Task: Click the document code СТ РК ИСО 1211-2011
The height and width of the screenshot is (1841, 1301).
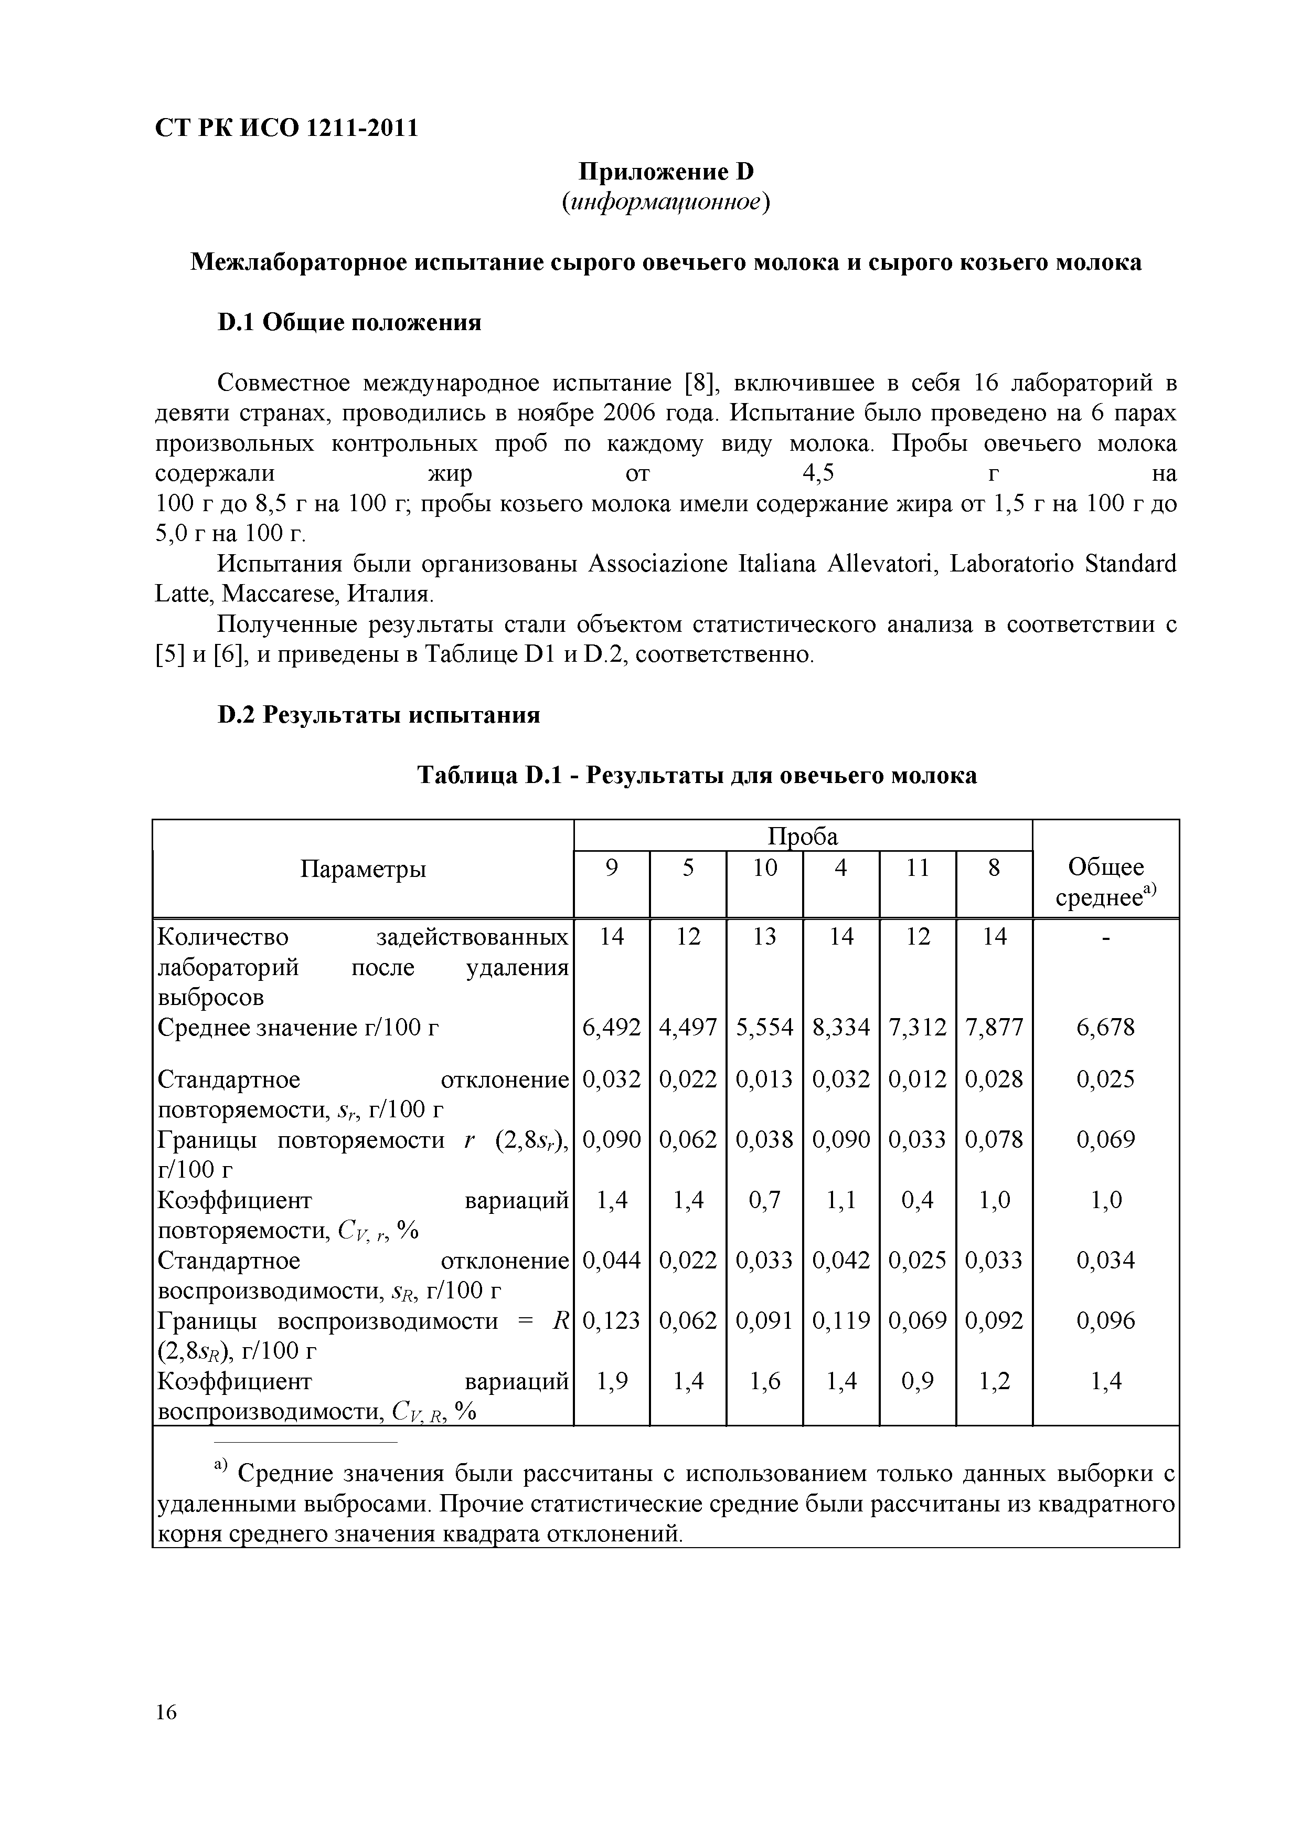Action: [x=286, y=128]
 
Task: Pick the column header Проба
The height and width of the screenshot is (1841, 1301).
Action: [x=803, y=837]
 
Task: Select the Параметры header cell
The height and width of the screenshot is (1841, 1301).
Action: [x=363, y=869]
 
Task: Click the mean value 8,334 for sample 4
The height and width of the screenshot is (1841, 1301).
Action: [x=841, y=1027]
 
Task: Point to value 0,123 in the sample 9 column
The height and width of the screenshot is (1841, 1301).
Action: [x=612, y=1320]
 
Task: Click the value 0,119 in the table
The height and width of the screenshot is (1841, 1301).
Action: [x=841, y=1320]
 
